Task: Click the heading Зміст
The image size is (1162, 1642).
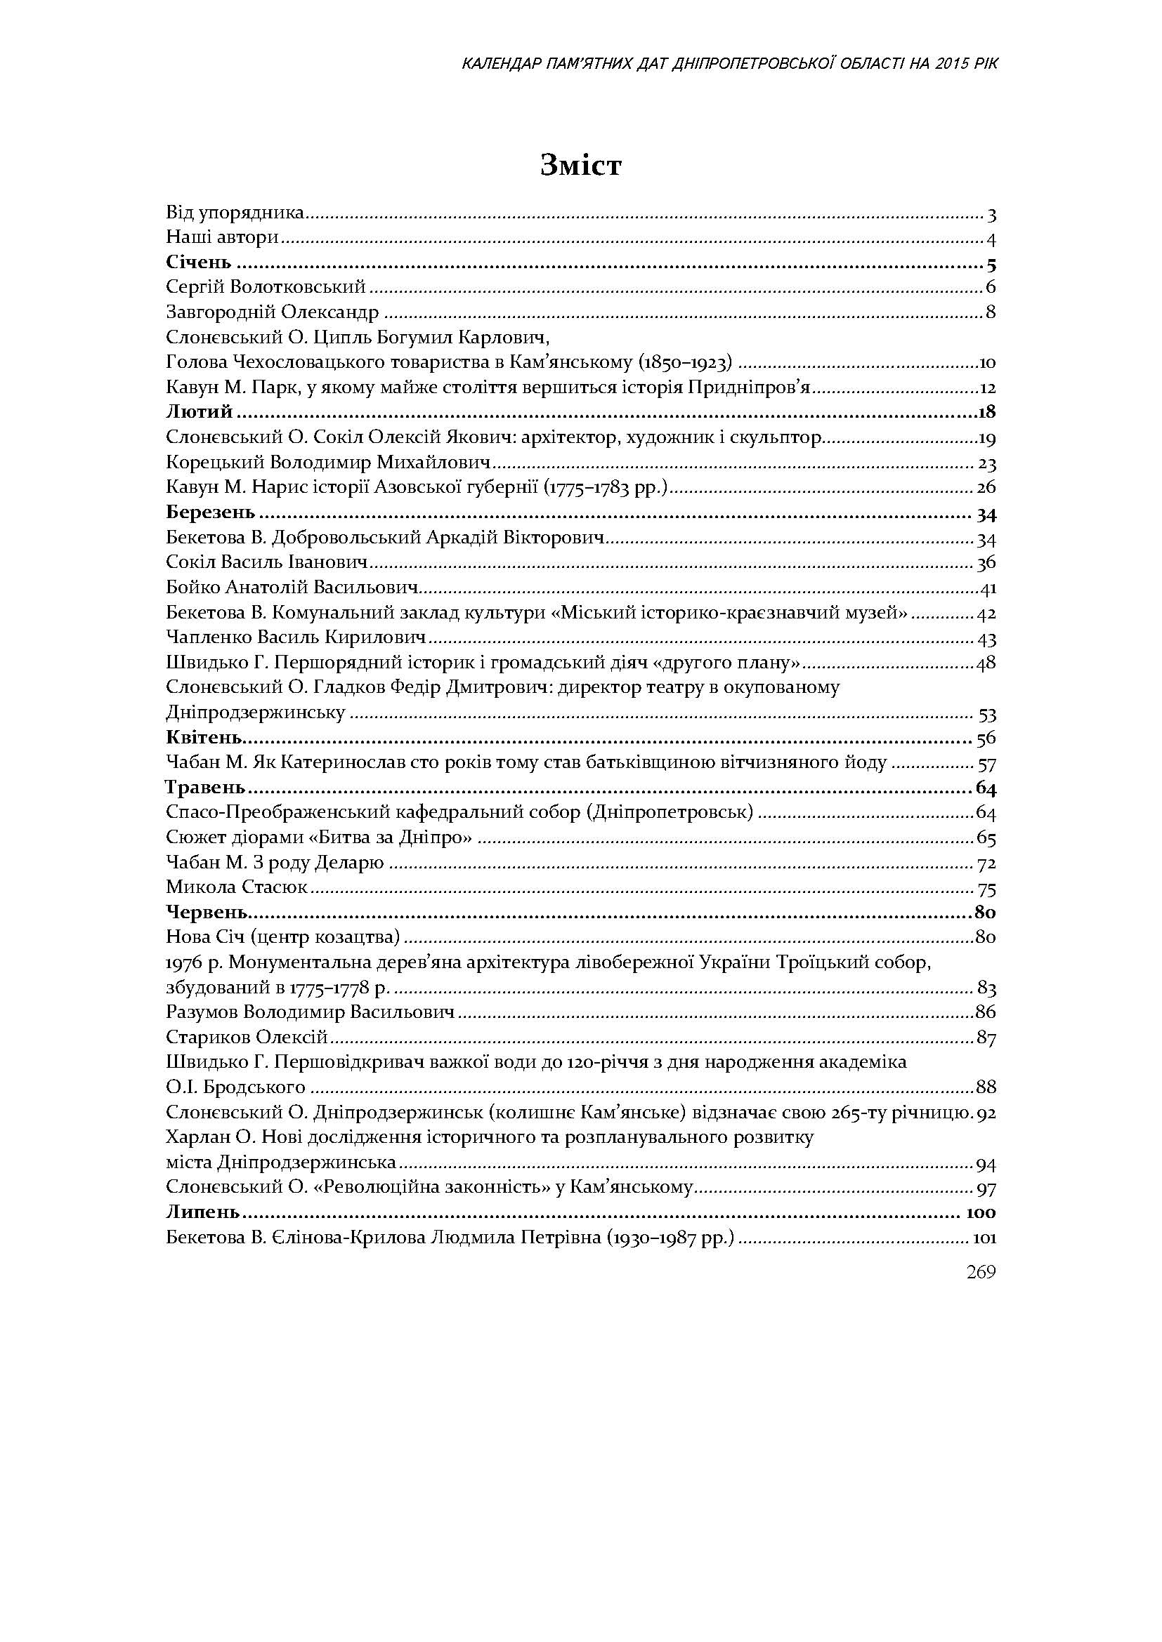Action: pos(581,166)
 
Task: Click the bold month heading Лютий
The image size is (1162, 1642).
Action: pos(200,412)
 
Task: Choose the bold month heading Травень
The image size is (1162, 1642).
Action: pos(205,788)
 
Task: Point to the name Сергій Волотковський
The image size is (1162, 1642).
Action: pos(266,288)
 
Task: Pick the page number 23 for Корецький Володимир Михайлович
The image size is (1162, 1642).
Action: pos(987,463)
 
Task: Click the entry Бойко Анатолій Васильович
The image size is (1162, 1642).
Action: pos(292,588)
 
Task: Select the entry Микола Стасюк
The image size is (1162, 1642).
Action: pos(237,887)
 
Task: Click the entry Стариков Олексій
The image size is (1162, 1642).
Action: pos(247,1037)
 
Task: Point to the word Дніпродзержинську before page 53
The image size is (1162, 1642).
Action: pos(256,713)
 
